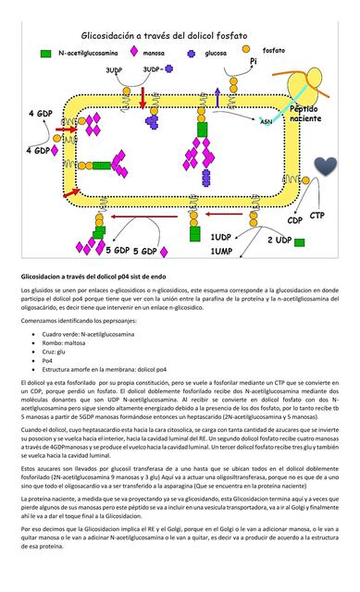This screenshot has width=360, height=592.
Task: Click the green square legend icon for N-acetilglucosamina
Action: (x=45, y=54)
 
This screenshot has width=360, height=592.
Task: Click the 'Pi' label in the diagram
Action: (x=253, y=62)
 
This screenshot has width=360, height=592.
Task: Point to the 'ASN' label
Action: (x=266, y=121)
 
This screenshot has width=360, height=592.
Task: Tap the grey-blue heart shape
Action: (x=325, y=167)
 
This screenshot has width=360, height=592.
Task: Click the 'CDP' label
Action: (x=295, y=221)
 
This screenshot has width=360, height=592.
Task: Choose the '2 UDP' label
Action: (x=279, y=240)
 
